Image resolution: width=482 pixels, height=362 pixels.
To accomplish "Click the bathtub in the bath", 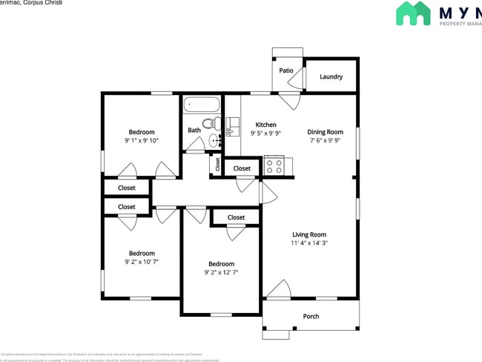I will (x=202, y=105).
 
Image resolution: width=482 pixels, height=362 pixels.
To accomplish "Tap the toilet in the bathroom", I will (x=210, y=123).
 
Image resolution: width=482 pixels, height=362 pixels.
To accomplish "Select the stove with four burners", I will (x=274, y=166).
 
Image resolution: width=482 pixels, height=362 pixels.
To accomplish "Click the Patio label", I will (x=286, y=70).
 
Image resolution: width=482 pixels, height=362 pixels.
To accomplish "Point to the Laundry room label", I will (x=331, y=76).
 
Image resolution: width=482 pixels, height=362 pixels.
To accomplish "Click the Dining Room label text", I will (x=326, y=132).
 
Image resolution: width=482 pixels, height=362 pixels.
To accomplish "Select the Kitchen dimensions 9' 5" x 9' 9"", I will (x=265, y=134).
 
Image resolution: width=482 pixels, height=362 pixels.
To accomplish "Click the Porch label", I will (x=311, y=317).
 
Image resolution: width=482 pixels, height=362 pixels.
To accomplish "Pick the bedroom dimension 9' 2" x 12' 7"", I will (x=221, y=272).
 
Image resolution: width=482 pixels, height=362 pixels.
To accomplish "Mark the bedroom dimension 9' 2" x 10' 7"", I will (x=142, y=262).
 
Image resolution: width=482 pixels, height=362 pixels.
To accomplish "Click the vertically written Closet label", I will (x=217, y=164).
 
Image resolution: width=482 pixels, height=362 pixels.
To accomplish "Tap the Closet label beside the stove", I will (x=242, y=168).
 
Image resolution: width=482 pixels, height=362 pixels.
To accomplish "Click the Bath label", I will (x=194, y=131).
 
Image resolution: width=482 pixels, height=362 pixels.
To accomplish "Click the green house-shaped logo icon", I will (x=413, y=13).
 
